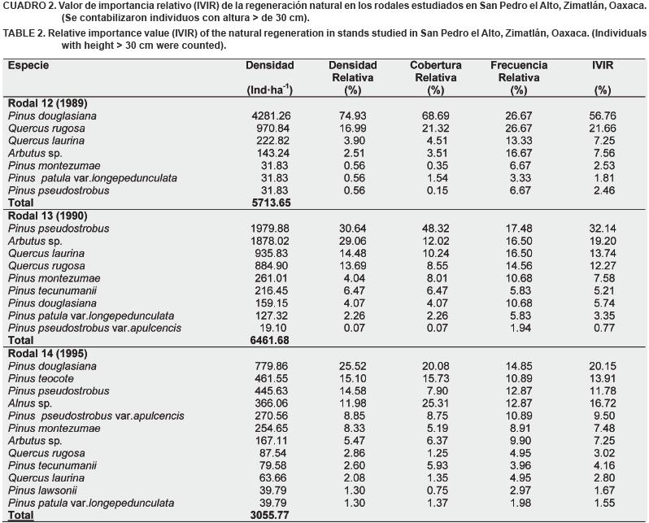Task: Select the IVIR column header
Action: coord(602,65)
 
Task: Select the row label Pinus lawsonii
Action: coord(40,490)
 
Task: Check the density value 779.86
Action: coord(273,366)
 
